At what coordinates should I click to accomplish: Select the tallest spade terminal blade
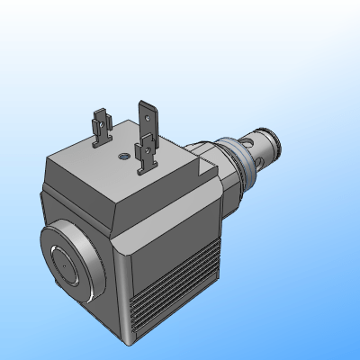point(147,117)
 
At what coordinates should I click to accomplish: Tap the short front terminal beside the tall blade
point(144,155)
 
